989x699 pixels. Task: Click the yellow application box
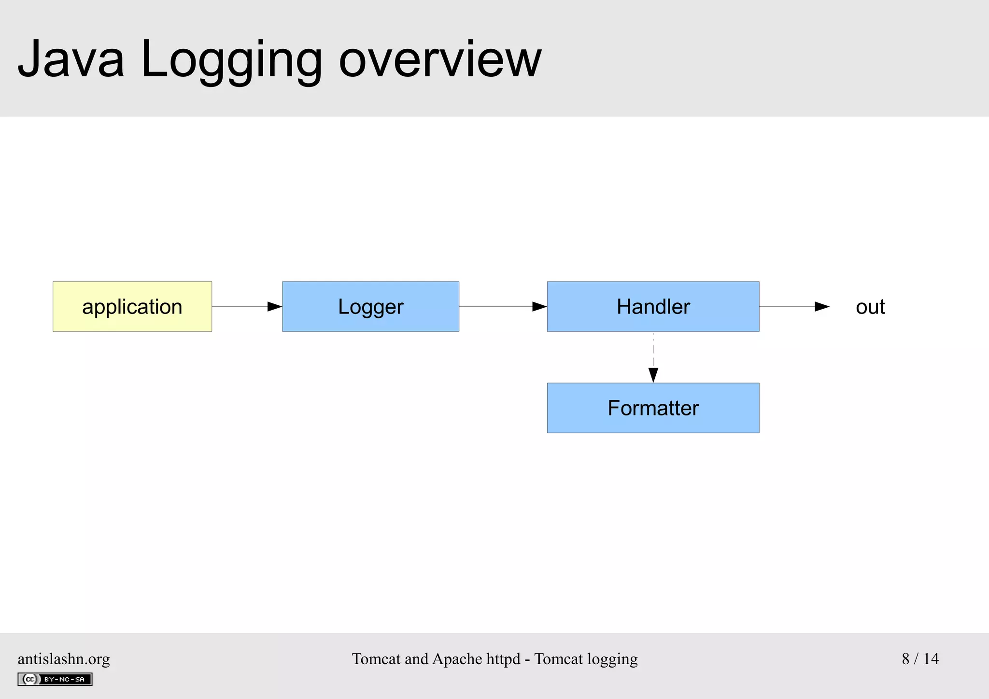[x=132, y=306]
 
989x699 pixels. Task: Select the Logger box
[x=370, y=306]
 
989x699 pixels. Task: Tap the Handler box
[x=653, y=306]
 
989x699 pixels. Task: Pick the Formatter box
[x=653, y=408]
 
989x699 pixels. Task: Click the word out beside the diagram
[x=870, y=307]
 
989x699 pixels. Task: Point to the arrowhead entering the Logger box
[x=275, y=306]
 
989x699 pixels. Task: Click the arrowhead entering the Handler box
[x=539, y=306]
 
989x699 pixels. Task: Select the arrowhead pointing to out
[x=822, y=306]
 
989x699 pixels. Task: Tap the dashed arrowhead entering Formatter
[x=653, y=375]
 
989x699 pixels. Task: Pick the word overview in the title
[x=440, y=59]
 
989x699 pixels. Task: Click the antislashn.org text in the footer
[x=64, y=658]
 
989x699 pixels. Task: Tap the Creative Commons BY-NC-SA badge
[x=55, y=679]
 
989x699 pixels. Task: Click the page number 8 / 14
[x=920, y=658]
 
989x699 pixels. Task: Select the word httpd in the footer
[x=503, y=658]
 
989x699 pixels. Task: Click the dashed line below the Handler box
[x=653, y=350]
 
